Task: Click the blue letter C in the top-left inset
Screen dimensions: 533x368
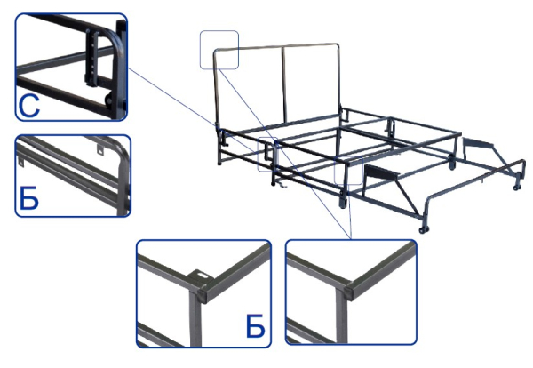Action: tap(29, 106)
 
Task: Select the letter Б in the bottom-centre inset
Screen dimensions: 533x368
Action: tap(255, 326)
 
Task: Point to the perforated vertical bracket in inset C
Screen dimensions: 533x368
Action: tap(92, 58)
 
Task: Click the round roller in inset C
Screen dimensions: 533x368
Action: tap(109, 99)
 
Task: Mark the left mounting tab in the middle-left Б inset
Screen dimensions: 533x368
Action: tap(20, 162)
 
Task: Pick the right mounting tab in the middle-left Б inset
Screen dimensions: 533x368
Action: tap(99, 148)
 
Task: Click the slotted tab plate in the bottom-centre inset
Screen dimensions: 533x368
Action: tap(203, 276)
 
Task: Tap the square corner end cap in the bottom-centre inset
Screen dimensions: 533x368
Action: tap(204, 294)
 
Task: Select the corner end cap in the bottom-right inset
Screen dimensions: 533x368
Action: tap(350, 291)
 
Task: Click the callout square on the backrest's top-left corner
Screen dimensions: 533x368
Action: tap(219, 50)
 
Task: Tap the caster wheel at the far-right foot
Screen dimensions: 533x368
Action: tap(517, 187)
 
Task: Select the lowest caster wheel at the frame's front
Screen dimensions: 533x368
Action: tap(423, 229)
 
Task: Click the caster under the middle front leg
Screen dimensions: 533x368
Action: tap(343, 203)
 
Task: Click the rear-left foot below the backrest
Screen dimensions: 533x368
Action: tap(220, 160)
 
